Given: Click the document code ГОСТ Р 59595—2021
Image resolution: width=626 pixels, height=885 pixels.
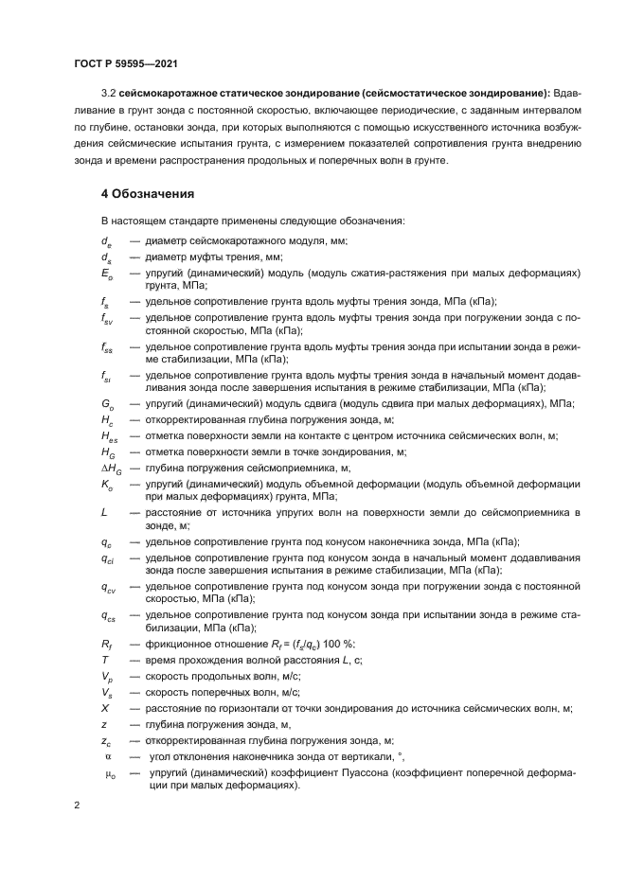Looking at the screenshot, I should point(126,63).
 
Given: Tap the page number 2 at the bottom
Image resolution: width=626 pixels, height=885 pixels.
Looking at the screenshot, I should point(77,805).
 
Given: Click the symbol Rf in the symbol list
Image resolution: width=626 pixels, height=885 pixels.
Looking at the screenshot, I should point(106,644).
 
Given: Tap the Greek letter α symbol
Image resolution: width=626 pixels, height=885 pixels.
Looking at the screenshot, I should point(107,755).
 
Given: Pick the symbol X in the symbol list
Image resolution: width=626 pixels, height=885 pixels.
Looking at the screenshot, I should point(105,708).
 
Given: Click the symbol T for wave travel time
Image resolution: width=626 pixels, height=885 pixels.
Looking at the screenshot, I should point(104,660).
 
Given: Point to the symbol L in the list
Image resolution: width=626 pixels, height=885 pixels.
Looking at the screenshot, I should point(104,511).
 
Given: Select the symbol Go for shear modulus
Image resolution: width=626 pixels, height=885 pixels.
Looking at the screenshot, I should point(107,404).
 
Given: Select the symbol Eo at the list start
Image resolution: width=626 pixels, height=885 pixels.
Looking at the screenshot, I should point(107,273).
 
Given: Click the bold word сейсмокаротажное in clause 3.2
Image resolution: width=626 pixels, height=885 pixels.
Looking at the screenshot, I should point(174,92).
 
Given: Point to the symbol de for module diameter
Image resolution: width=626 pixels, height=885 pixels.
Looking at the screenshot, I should point(106,241).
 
